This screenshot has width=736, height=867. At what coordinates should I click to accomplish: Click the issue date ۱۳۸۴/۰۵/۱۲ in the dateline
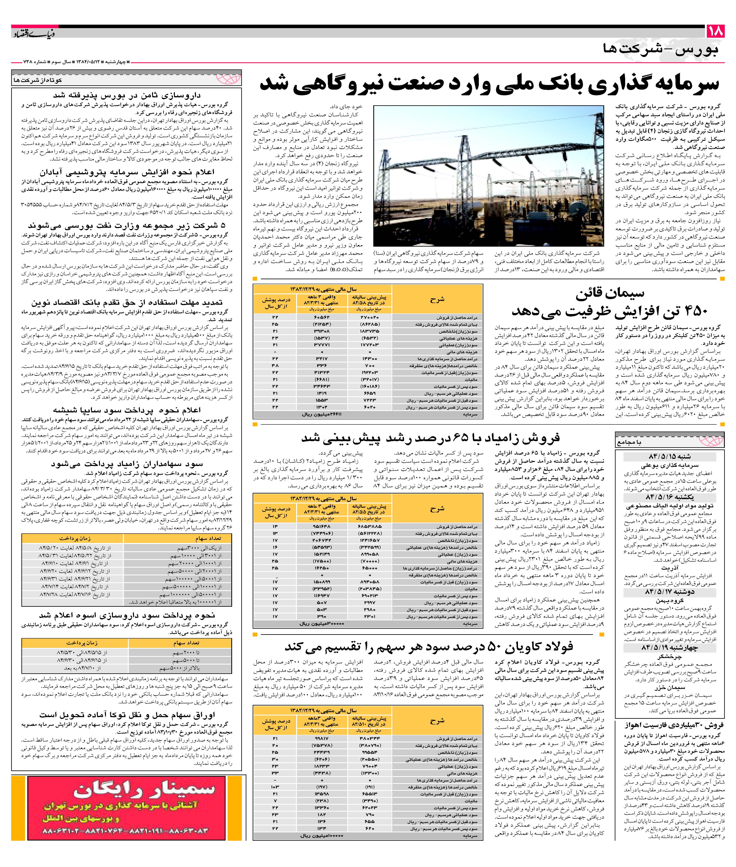click(90, 62)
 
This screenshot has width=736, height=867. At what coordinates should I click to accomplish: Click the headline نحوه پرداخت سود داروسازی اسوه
click(127, 615)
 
